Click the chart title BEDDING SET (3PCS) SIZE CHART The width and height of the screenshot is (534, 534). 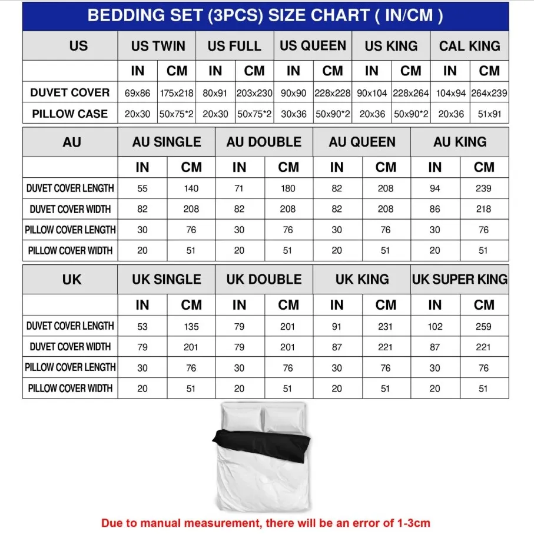(265, 15)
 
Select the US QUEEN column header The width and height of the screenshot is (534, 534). (313, 46)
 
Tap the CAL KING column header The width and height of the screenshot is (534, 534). (469, 46)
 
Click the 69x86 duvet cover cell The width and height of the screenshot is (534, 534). (137, 93)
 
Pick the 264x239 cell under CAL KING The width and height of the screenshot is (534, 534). (489, 93)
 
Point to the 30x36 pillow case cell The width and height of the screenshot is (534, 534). (293, 114)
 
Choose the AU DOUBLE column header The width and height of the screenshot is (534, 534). (264, 142)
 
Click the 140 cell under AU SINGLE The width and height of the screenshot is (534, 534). (191, 188)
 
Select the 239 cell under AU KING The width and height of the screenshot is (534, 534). (483, 188)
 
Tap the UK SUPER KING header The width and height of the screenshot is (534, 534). (459, 280)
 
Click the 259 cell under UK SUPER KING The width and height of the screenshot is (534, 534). (483, 326)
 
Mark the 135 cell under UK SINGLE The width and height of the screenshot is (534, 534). (191, 326)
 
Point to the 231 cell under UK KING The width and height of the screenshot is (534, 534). (385, 326)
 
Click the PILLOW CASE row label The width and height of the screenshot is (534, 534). (69, 114)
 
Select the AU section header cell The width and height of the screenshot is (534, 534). (71, 142)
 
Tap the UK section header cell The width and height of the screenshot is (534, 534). (71, 280)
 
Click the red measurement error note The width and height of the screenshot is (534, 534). (266, 522)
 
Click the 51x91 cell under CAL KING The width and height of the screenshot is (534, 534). (489, 114)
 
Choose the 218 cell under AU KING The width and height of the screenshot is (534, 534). (483, 209)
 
